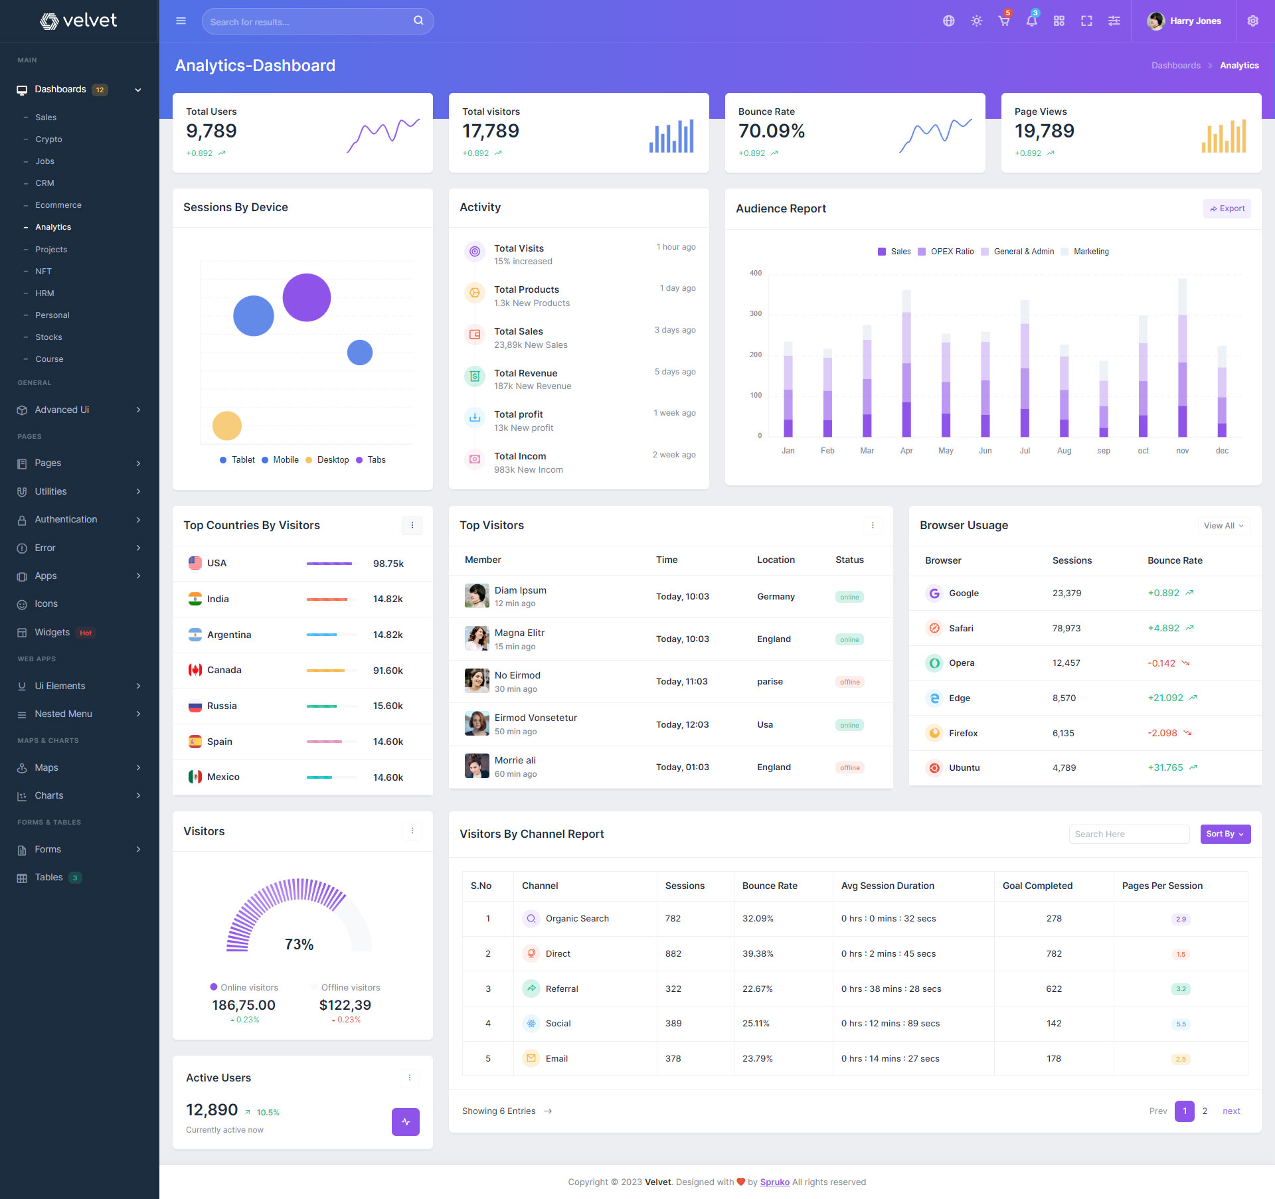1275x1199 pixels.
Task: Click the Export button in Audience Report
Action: click(x=1227, y=208)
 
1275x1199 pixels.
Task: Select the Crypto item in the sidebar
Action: click(x=48, y=139)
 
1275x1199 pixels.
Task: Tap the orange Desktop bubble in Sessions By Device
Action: click(x=226, y=426)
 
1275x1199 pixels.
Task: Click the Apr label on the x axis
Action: click(x=906, y=451)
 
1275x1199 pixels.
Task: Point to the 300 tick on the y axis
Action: click(x=756, y=313)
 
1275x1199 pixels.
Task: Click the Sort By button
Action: click(x=1225, y=834)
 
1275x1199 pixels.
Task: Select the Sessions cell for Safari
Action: click(x=1066, y=628)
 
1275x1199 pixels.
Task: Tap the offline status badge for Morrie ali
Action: click(x=849, y=767)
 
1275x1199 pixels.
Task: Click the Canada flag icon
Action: click(x=195, y=670)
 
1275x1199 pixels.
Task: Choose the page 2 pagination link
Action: click(x=1205, y=1111)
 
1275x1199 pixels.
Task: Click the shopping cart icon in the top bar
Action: click(x=1003, y=21)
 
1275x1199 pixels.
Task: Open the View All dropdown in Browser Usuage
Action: click(x=1223, y=526)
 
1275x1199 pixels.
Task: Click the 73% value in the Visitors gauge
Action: click(x=299, y=944)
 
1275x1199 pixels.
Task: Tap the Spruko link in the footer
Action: click(x=774, y=1182)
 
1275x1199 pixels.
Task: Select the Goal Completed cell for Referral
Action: click(x=1053, y=989)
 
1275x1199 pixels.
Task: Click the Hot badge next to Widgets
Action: click(x=86, y=633)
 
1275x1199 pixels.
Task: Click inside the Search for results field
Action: click(x=309, y=22)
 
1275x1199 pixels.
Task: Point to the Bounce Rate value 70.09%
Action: click(x=771, y=131)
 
